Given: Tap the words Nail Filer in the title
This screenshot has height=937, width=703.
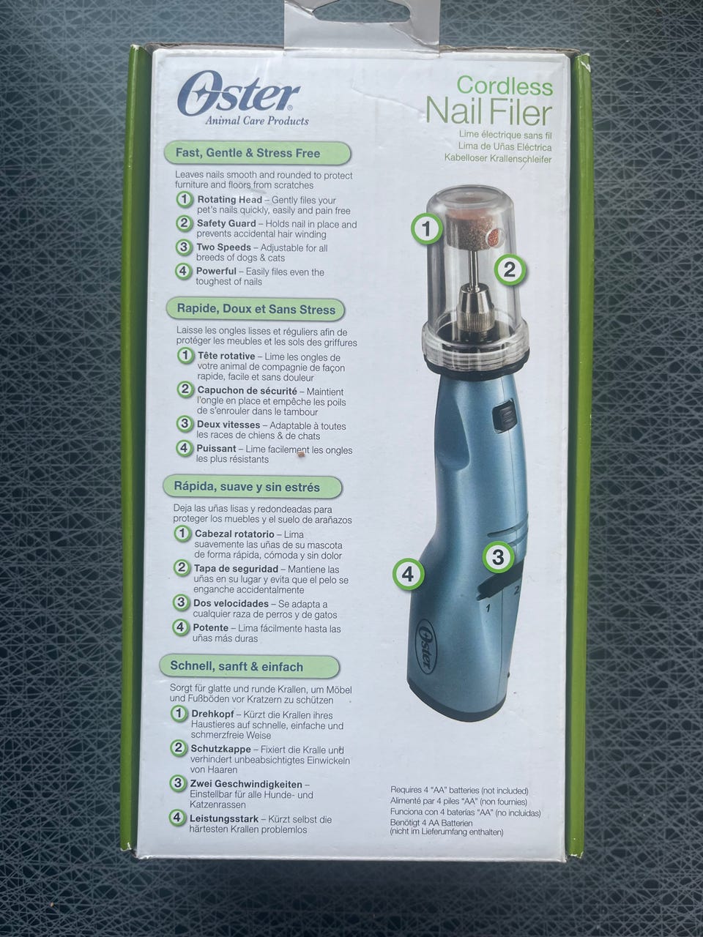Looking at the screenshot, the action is click(488, 112).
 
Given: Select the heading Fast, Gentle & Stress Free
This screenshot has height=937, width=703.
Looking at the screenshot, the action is click(248, 153).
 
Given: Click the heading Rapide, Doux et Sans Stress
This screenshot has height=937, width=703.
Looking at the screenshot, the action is click(256, 309).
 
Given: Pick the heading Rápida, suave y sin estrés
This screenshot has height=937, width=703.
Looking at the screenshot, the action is click(247, 487).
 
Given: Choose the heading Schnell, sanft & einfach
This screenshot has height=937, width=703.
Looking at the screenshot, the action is click(237, 666).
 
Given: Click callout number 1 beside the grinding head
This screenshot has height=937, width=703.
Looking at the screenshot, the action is click(426, 229).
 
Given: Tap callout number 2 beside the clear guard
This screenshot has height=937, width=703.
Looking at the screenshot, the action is click(510, 270).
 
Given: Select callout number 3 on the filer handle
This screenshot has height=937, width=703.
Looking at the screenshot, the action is click(498, 557).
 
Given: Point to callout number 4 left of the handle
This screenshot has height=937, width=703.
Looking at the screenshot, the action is click(408, 575).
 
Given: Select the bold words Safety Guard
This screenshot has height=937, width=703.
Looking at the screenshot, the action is click(226, 223).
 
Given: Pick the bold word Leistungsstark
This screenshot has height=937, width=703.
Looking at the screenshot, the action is click(224, 819).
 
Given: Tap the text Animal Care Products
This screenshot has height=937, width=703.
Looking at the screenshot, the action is click(257, 121).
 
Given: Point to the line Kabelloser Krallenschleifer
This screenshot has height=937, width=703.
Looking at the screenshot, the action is click(498, 159).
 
